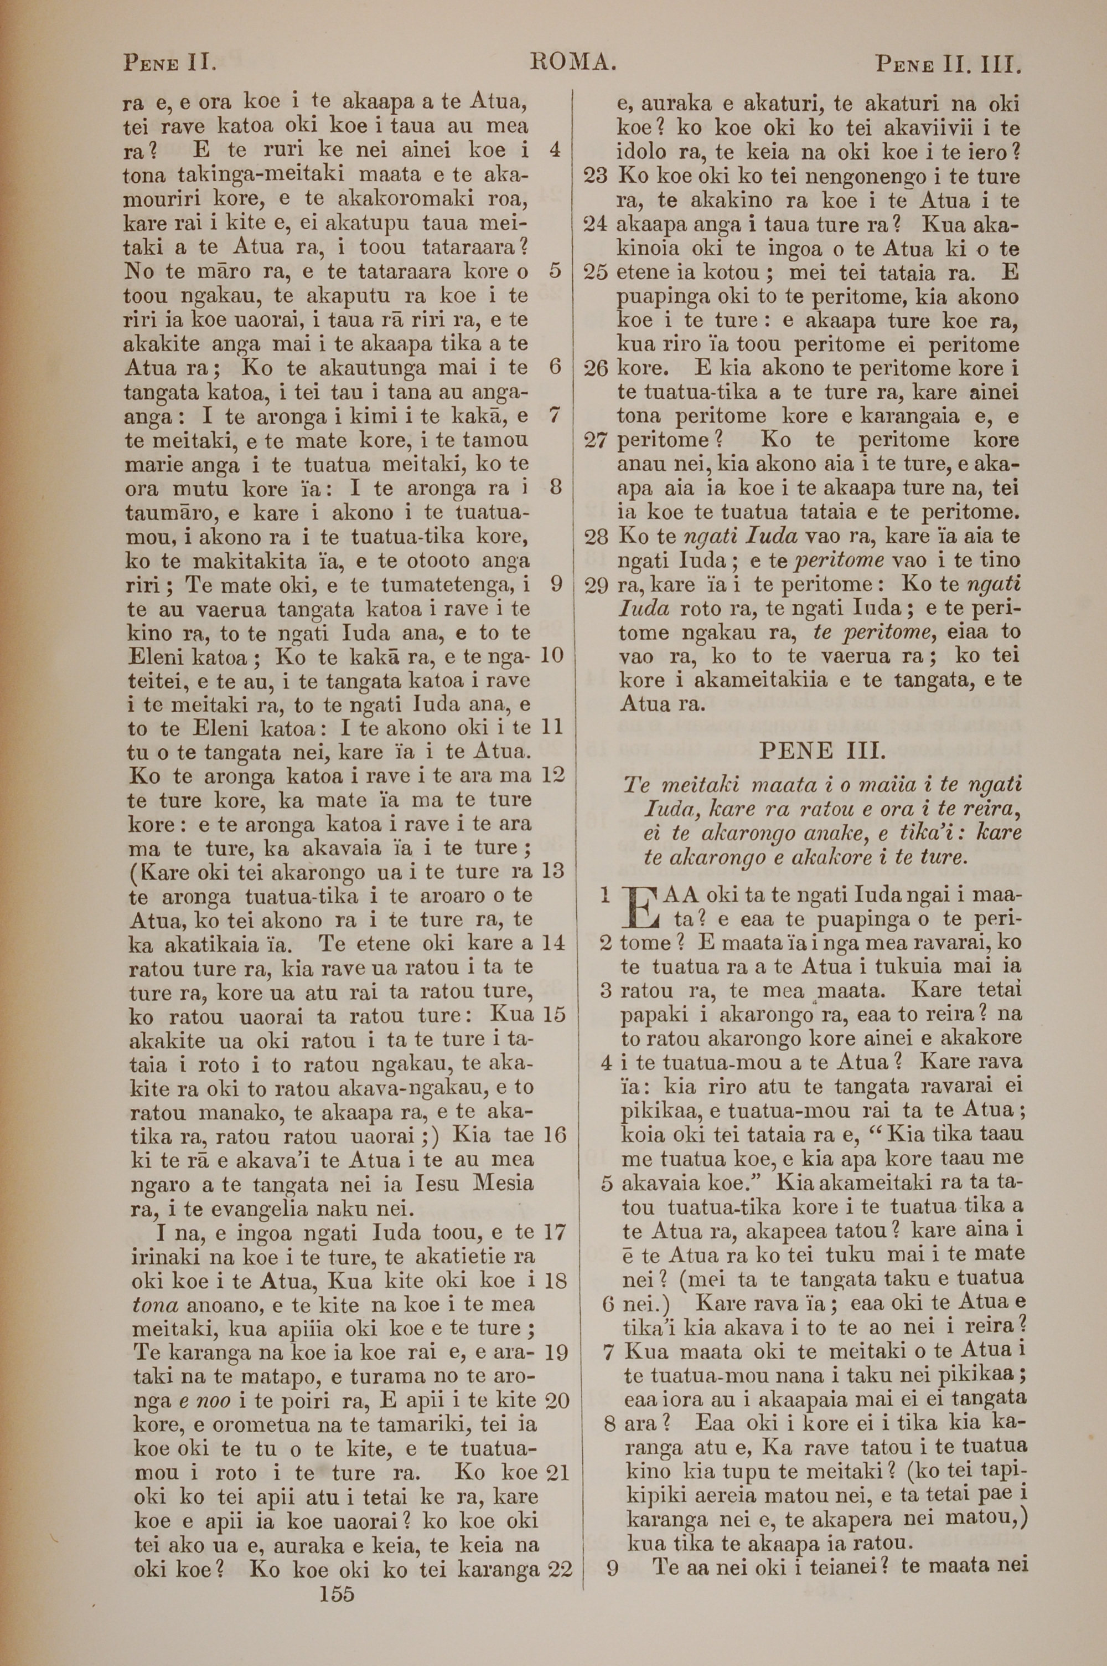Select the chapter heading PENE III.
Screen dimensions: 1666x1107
coord(822,750)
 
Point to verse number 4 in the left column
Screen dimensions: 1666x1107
coord(555,150)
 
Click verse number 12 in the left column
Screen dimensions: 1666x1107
coord(553,775)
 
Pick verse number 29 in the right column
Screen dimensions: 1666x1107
coord(597,585)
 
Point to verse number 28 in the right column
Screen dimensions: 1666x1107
coord(597,537)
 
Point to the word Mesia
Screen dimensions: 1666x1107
coord(503,1183)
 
